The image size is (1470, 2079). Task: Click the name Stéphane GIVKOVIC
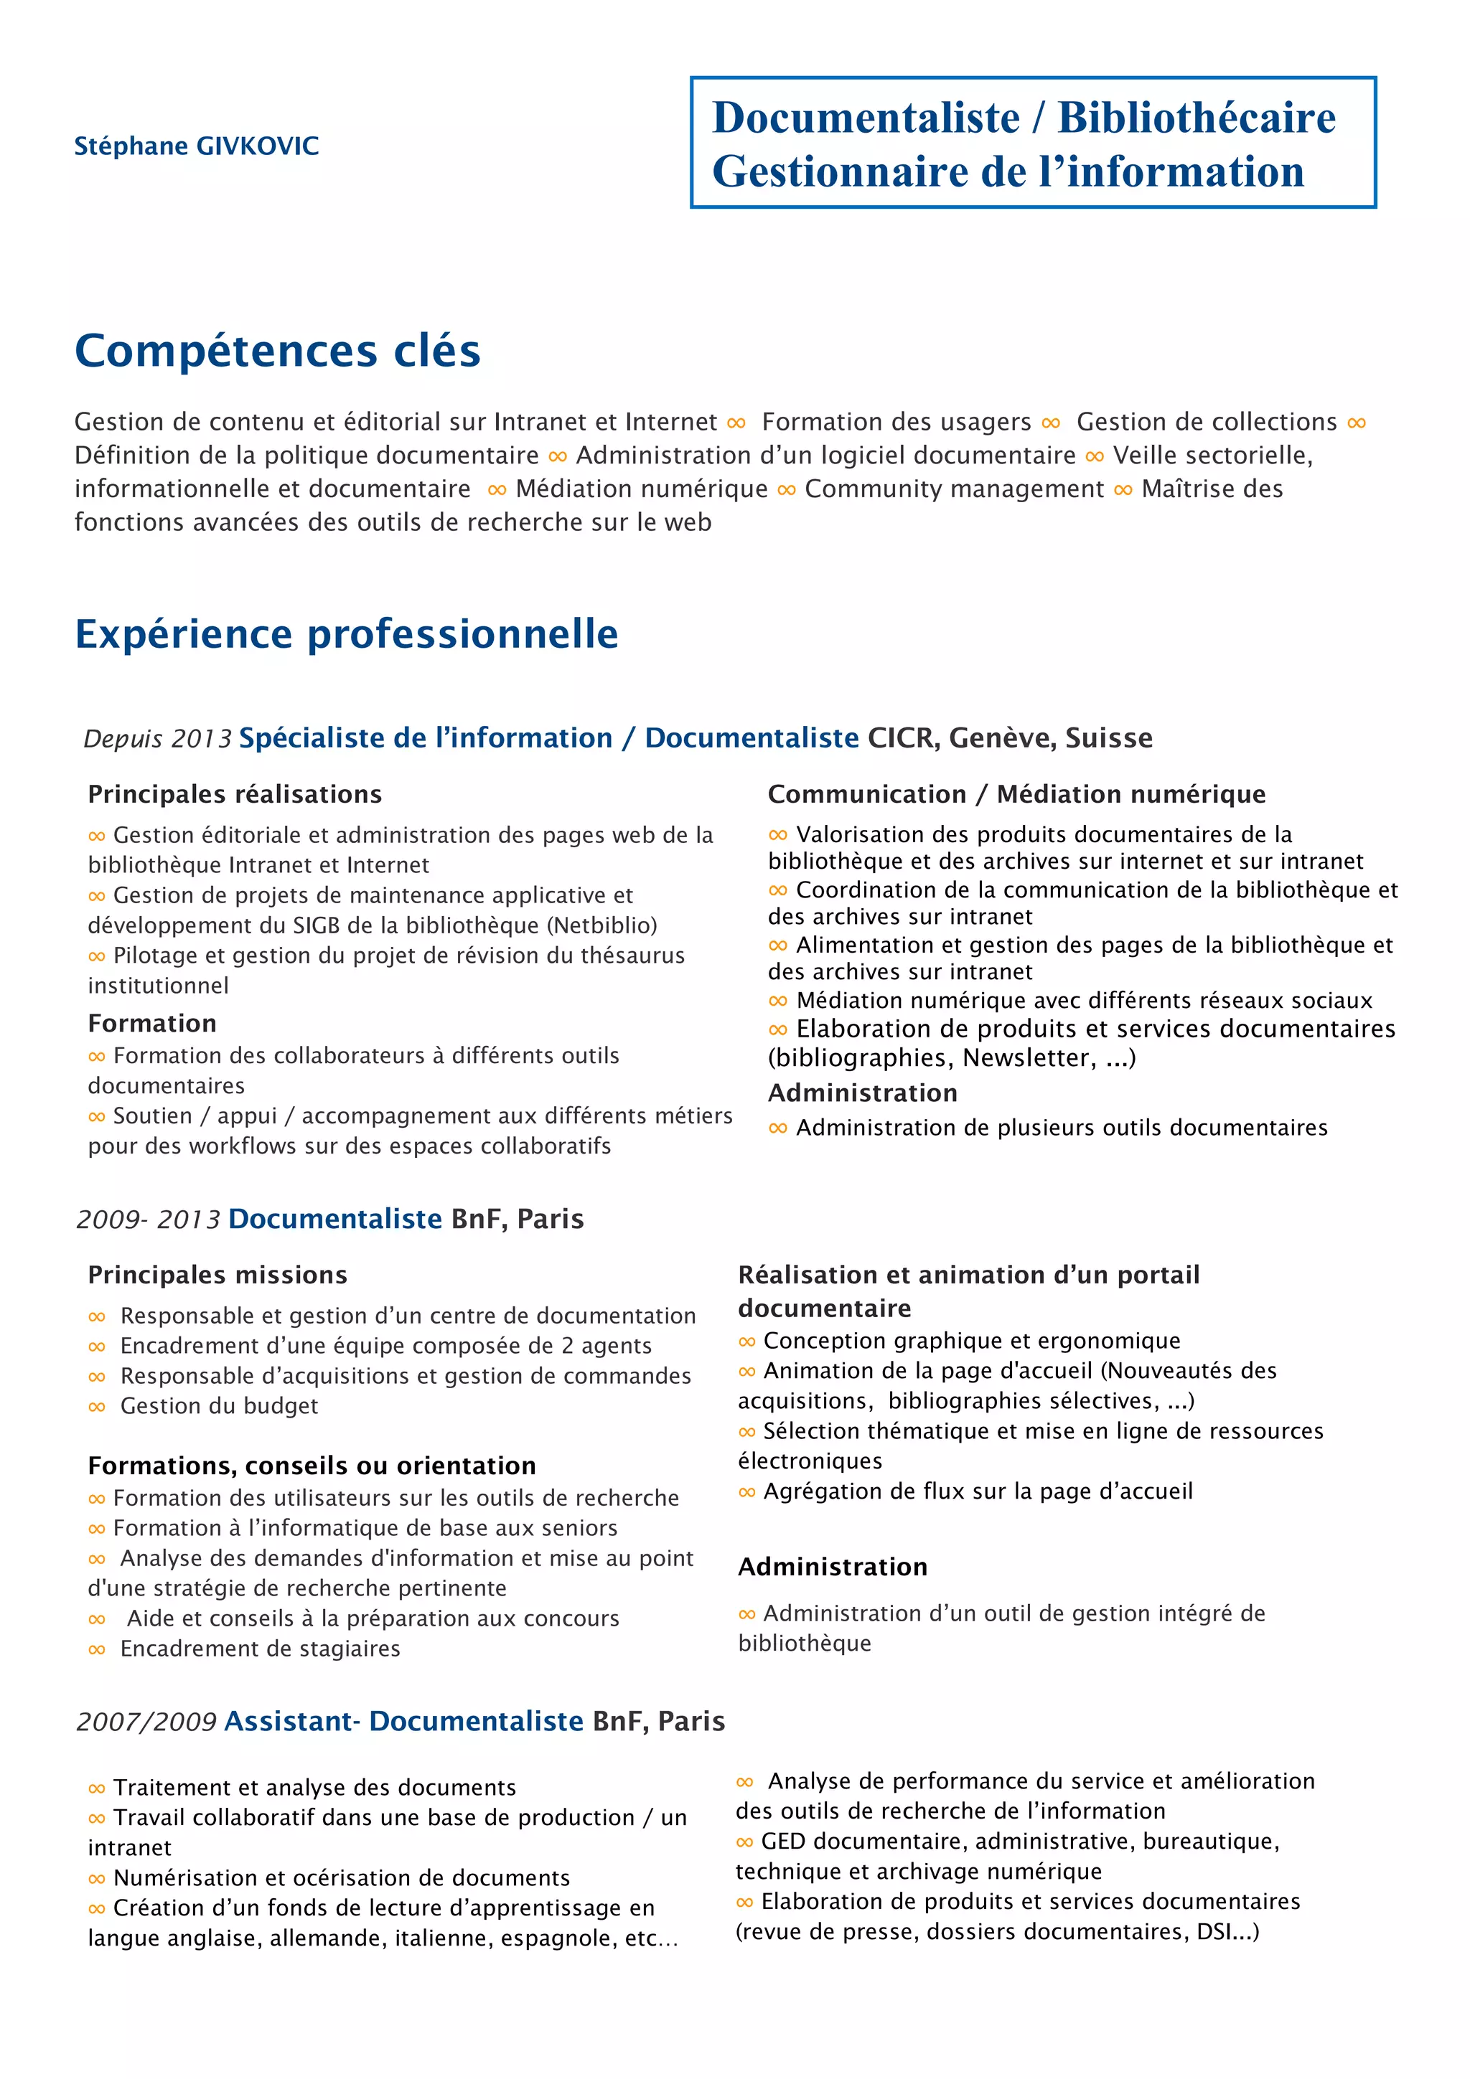197,146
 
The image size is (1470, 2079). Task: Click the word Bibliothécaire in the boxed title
1196,118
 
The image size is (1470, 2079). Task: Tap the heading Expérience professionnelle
346,634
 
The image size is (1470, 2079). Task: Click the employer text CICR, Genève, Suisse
1010,738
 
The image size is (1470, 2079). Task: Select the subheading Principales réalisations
235,794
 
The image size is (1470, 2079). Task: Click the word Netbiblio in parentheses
604,925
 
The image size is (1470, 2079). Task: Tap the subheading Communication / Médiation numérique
1016,794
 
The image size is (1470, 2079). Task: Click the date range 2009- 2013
149,1220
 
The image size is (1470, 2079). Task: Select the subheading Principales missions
217,1275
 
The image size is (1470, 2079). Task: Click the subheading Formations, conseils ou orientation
312,1465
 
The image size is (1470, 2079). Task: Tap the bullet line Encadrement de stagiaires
260,1649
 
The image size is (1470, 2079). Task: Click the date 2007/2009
146,1721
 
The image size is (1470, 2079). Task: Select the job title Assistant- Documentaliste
403,1720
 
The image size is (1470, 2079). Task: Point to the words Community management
954,489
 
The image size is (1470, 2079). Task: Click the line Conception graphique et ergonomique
971,1340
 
